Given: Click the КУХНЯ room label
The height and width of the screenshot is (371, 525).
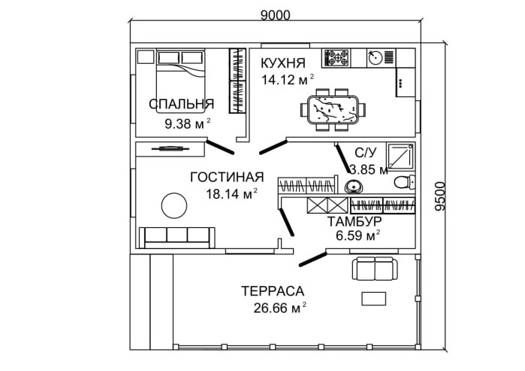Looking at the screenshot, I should point(283,62).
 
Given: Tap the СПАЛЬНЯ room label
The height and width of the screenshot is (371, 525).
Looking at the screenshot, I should point(181,105).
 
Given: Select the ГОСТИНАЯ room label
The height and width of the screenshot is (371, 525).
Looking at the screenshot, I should point(226,178).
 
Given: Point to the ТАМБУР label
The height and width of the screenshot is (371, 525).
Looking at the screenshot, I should point(355,221).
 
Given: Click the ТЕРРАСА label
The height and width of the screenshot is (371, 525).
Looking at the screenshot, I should point(272,291).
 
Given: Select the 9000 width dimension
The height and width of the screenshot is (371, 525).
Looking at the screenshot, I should point(274,13).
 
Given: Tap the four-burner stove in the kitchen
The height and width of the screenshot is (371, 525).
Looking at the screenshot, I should point(336,56).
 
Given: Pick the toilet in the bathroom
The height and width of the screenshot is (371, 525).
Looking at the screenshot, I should point(403,181).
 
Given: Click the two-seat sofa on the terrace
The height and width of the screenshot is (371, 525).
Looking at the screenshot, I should point(374,268).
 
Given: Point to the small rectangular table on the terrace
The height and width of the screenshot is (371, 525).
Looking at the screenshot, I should point(375,298).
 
